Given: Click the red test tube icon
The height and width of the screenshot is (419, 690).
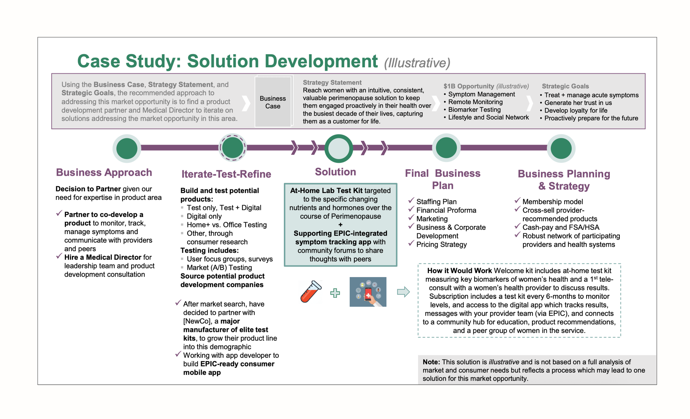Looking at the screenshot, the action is (311, 291).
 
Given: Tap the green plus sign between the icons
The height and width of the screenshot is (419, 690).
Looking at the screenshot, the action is (335, 293).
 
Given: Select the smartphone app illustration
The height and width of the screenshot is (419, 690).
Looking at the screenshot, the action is (368, 292).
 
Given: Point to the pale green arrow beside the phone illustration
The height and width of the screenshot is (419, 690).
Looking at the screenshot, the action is (403, 291).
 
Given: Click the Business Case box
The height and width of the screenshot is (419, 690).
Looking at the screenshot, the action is (273, 102).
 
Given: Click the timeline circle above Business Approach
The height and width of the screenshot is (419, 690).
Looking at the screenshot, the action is (127, 149).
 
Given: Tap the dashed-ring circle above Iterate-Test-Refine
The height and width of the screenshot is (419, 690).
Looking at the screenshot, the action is (232, 148).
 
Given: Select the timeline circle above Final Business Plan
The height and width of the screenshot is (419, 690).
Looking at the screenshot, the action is (446, 148).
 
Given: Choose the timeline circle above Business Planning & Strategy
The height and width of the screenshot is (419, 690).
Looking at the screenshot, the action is (561, 148).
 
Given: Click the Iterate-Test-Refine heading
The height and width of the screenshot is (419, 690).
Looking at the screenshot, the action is (226, 174).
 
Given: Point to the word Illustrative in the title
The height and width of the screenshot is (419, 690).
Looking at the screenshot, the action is (417, 63).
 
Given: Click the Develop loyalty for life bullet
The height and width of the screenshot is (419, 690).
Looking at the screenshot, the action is (576, 110).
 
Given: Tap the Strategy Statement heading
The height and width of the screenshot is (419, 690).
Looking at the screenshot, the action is (332, 82).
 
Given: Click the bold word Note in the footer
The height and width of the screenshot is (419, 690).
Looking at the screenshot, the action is (431, 362).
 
